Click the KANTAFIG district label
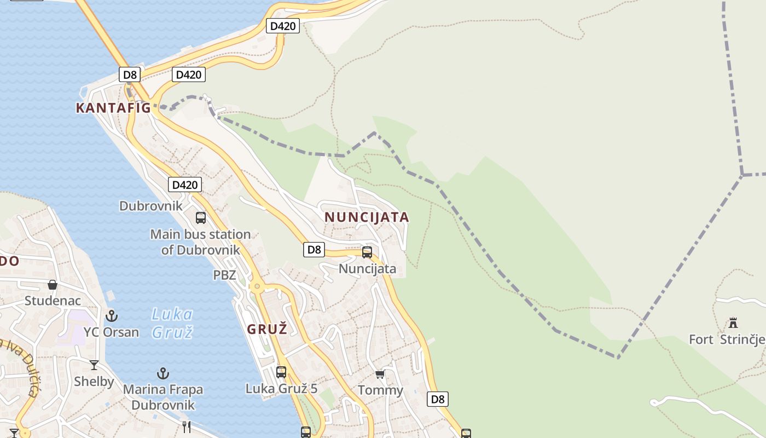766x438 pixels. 113,108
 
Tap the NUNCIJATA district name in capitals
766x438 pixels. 367,217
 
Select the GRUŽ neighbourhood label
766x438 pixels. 267,330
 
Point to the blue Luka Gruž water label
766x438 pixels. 172,323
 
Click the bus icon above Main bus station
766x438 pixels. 201,217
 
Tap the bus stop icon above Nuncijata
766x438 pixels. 367,252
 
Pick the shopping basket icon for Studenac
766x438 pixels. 53,285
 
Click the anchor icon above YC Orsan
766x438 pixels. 112,316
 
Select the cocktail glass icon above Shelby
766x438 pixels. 94,365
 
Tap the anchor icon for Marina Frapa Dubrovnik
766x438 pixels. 163,373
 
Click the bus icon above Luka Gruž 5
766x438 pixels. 281,372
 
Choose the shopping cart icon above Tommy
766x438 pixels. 380,374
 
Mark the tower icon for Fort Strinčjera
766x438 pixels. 733,323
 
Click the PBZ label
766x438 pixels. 224,275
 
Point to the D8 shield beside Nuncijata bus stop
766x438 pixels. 314,250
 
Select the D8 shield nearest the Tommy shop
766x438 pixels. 438,399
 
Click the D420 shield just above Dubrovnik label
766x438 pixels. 185,185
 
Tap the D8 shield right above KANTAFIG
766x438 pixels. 130,75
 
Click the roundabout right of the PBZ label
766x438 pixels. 256,285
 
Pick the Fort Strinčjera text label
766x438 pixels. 727,339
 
